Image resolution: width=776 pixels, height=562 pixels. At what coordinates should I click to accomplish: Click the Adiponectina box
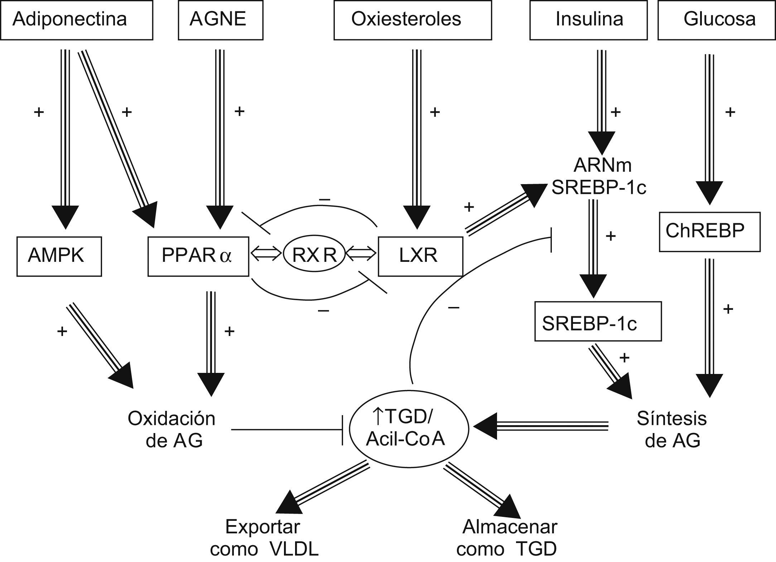tap(76, 20)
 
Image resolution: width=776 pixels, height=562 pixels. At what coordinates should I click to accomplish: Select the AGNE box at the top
tap(220, 20)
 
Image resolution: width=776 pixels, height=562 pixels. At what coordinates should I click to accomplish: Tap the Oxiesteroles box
tap(412, 20)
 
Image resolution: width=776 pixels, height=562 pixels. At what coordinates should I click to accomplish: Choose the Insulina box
tap(588, 20)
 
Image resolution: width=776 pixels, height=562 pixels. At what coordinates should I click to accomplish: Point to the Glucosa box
tap(717, 20)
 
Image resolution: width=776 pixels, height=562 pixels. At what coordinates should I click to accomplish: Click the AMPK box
tap(59, 256)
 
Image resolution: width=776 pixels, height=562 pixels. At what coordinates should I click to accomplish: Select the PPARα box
tap(198, 256)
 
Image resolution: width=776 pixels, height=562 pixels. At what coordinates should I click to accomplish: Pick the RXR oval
tap(314, 255)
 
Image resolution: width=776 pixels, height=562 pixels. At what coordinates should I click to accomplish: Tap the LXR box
tap(420, 256)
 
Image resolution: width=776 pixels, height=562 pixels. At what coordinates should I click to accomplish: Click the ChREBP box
tap(709, 232)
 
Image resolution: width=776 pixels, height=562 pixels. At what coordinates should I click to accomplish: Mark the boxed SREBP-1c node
tap(597, 321)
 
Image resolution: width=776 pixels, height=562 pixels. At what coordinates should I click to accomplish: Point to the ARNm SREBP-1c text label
tap(599, 176)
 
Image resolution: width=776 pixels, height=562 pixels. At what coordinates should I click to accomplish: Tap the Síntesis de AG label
tap(672, 429)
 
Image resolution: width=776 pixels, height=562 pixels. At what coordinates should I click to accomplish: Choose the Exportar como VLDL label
tap(264, 537)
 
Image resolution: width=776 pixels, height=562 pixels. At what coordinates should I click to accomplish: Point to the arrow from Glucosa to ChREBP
tap(709, 129)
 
